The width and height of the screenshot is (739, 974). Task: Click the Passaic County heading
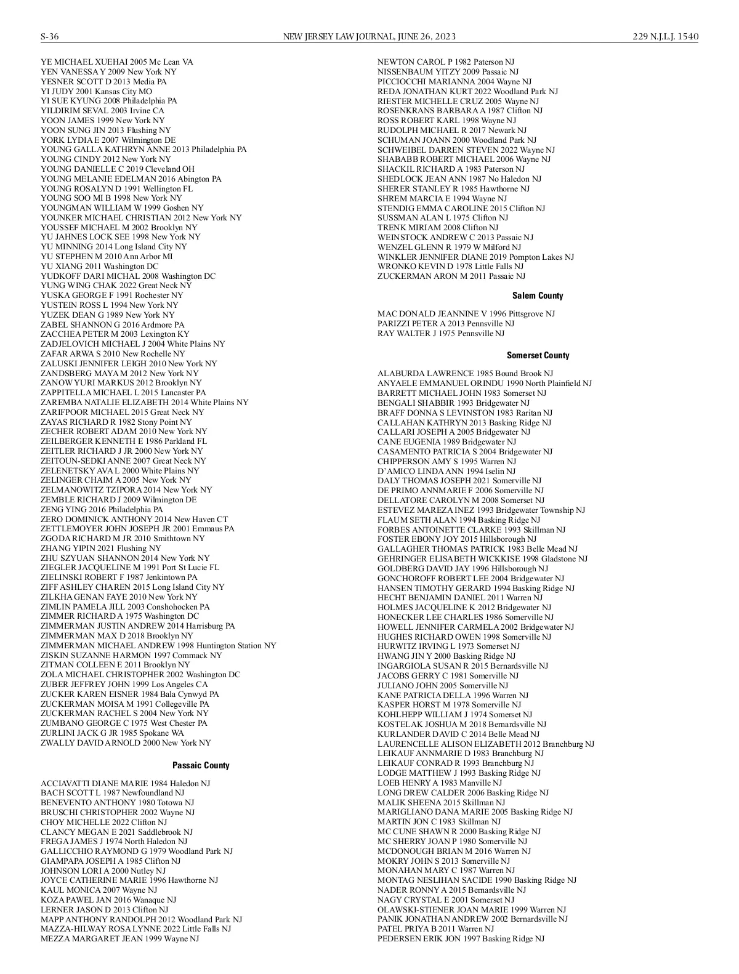pyautogui.click(x=201, y=765)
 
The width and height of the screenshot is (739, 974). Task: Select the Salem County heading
pyautogui.click(x=538, y=296)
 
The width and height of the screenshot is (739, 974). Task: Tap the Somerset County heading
pyautogui.click(x=538, y=355)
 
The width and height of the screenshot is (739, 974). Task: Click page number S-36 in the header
pyautogui.click(x=50, y=37)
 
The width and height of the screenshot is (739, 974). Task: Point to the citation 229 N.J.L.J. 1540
pyautogui.click(x=665, y=37)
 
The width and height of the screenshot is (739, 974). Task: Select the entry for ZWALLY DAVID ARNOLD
pyautogui.click(x=126, y=743)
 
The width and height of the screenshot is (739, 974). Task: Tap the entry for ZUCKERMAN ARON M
pyautogui.click(x=451, y=276)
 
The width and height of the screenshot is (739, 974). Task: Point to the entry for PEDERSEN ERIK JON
pyautogui.click(x=461, y=938)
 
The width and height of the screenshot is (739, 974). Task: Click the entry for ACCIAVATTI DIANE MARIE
pyautogui.click(x=125, y=783)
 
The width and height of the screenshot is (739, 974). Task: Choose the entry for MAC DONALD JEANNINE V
pyautogui.click(x=466, y=314)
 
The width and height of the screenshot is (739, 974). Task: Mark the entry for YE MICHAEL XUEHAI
pyautogui.click(x=116, y=62)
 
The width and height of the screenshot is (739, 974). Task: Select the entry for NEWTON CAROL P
pyautogui.click(x=445, y=62)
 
